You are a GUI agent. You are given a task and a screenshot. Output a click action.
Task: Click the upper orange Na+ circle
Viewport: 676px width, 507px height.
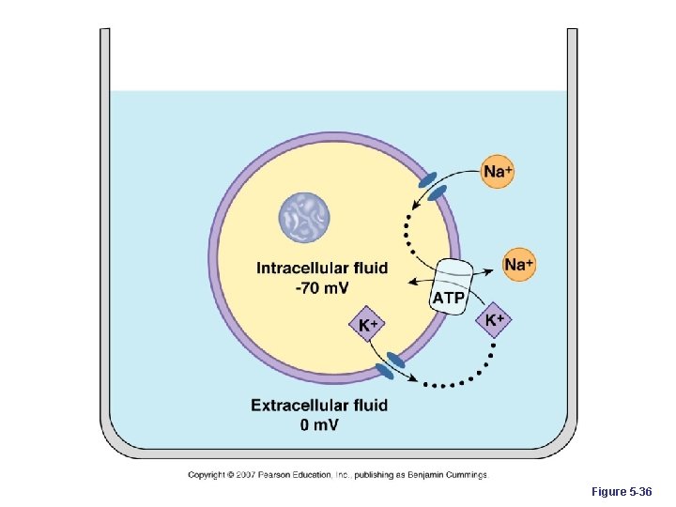click(499, 171)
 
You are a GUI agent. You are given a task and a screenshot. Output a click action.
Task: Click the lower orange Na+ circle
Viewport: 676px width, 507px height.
click(518, 265)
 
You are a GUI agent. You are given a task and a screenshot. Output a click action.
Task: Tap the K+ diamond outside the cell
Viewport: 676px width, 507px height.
click(494, 319)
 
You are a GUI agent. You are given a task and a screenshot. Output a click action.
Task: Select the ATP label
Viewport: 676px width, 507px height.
click(447, 298)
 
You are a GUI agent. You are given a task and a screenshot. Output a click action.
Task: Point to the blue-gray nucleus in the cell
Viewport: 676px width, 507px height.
click(304, 215)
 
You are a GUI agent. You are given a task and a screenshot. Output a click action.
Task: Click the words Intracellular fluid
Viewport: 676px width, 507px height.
click(321, 268)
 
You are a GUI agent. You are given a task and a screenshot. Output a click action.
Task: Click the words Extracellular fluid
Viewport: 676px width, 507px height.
click(318, 406)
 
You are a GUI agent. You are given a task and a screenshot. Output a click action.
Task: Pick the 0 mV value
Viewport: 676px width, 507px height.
click(319, 425)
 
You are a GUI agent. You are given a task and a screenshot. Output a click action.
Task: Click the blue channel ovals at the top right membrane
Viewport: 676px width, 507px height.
click(432, 186)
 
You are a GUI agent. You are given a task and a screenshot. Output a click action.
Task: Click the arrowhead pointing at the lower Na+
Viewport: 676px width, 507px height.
click(496, 269)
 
